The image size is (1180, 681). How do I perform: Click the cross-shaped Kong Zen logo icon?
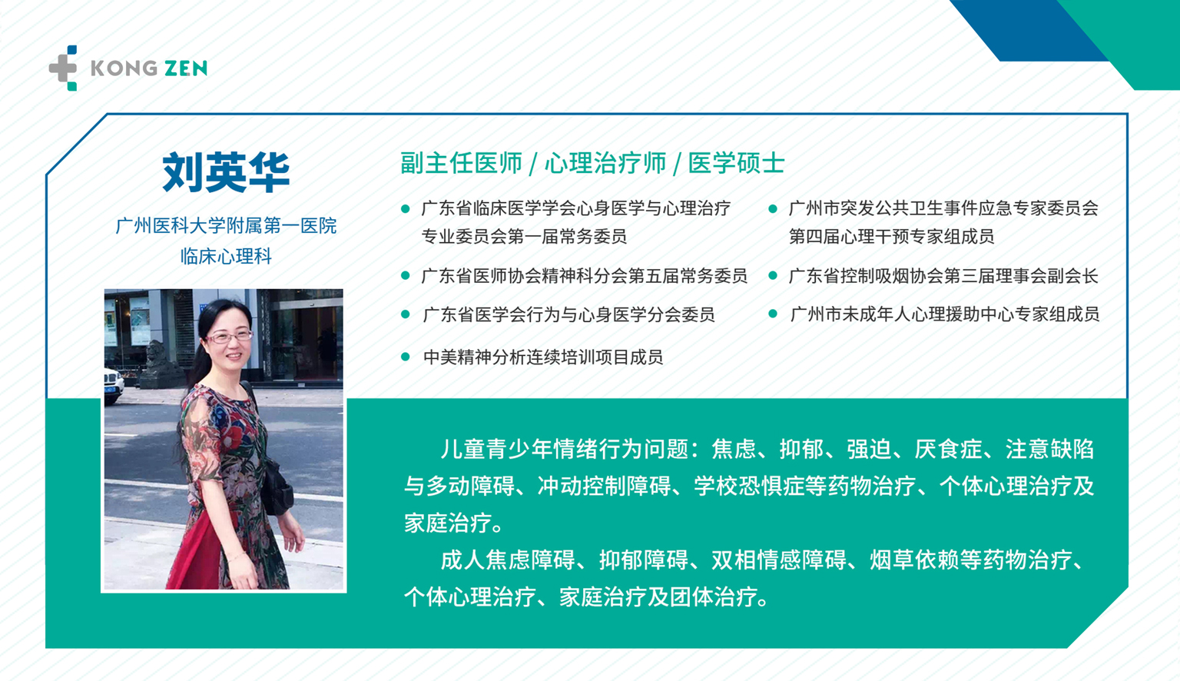point(63,68)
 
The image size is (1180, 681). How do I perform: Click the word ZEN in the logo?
point(185,68)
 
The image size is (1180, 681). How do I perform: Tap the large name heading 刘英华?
point(226,172)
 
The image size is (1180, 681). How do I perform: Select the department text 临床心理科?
point(226,257)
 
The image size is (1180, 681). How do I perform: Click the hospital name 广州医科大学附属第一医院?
point(226,226)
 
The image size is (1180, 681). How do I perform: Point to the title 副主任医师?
point(461,163)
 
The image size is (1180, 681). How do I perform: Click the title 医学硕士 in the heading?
point(737,163)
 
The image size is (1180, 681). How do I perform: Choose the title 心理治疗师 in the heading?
point(605,163)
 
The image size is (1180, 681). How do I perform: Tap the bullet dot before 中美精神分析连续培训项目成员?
point(405,357)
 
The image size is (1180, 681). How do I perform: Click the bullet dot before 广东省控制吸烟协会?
point(773,275)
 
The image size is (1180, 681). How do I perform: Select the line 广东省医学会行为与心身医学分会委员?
point(569,314)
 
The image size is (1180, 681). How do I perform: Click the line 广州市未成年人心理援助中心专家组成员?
point(945,314)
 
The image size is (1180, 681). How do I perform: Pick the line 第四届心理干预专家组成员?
point(891,236)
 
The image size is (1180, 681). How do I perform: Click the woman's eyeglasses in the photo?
point(229,337)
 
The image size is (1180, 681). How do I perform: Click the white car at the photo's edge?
point(113,386)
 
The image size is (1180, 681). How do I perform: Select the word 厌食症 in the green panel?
point(948,449)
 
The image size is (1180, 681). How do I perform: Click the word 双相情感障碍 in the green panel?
point(778,560)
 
